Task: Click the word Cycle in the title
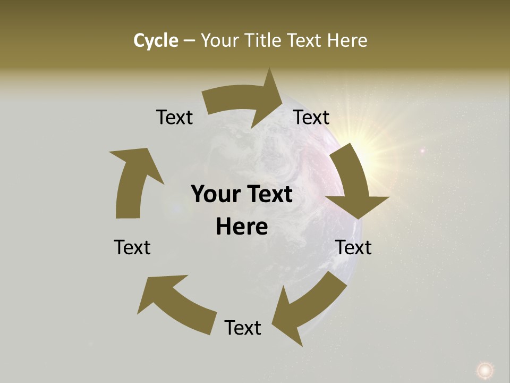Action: pos(156,40)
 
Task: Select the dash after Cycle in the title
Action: pos(189,41)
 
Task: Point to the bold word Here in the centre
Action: pos(242,227)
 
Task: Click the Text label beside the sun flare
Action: pos(311,117)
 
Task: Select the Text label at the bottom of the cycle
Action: pos(243,328)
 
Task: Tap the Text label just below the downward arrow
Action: pos(353,247)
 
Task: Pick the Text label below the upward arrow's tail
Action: pos(132,247)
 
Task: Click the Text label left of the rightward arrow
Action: pos(174,117)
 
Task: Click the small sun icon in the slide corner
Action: pos(484,369)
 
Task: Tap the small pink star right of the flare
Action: pos(422,151)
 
